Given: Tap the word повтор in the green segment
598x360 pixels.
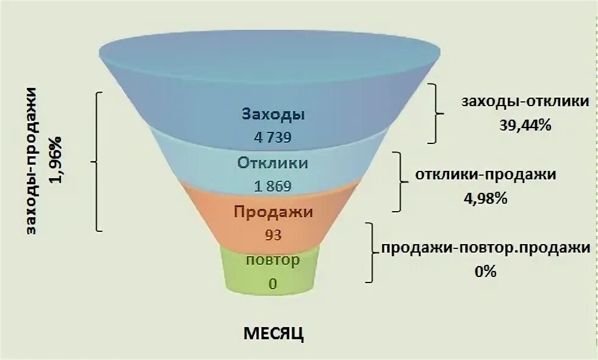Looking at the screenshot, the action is (x=273, y=261).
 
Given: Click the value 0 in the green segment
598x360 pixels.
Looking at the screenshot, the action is (x=273, y=283).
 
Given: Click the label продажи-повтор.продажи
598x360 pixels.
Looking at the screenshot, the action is (x=486, y=248).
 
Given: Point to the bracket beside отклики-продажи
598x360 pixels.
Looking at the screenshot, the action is (x=401, y=181).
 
